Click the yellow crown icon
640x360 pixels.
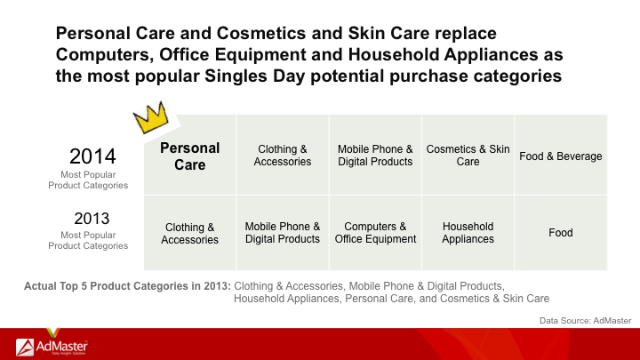[151, 117]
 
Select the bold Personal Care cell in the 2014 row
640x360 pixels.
[190, 155]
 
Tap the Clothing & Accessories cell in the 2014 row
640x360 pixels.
[283, 155]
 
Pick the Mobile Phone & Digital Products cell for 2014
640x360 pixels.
[375, 155]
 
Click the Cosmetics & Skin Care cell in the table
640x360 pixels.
[468, 155]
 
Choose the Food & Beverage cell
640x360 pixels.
[561, 155]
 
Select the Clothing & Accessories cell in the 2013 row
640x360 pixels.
[190, 233]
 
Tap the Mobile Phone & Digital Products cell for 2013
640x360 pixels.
[283, 233]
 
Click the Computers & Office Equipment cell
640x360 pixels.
[375, 233]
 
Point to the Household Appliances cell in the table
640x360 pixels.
[468, 233]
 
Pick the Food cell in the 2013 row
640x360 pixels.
[561, 233]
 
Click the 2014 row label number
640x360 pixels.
[92, 156]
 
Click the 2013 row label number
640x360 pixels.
[92, 219]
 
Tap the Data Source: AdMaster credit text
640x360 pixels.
[585, 321]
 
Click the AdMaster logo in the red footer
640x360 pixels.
[52, 347]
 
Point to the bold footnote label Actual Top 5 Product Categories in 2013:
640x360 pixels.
[127, 286]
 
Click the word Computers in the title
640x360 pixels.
[105, 55]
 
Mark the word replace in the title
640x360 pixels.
[465, 34]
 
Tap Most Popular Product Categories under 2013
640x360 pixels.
[88, 240]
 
